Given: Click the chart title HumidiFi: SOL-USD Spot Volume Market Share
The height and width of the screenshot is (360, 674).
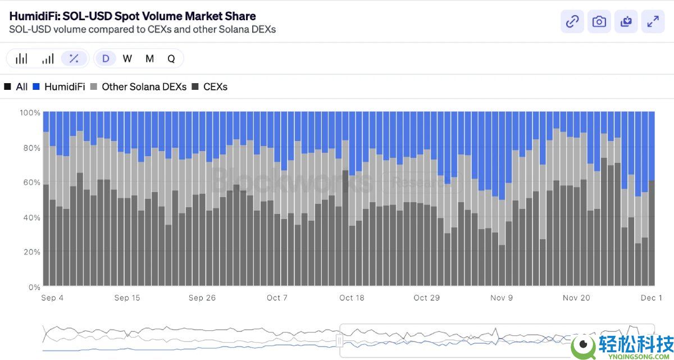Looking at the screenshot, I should (x=133, y=16).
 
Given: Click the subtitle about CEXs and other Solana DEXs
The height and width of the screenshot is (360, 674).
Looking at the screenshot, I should (x=143, y=29).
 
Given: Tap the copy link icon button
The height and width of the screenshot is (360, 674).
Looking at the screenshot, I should (x=572, y=22).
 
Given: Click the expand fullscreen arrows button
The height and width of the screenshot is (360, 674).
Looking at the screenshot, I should (x=653, y=22).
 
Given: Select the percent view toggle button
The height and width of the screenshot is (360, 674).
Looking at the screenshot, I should (x=74, y=58).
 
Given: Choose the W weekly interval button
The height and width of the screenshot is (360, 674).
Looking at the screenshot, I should (x=127, y=58).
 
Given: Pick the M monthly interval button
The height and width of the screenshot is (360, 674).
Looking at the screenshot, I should (x=149, y=58).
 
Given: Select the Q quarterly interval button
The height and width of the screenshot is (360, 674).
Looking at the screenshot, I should (x=171, y=58).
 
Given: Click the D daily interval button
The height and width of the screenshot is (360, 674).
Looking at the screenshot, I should (x=106, y=58).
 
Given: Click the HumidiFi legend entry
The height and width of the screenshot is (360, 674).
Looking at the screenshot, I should (x=59, y=87).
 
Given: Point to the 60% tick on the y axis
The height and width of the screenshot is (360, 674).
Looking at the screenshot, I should (x=30, y=183).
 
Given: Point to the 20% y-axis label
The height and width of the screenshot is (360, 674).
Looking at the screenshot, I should (x=30, y=252).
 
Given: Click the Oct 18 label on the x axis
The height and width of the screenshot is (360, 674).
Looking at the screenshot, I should (x=352, y=298).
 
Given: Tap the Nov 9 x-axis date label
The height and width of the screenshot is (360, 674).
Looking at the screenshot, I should (x=502, y=298).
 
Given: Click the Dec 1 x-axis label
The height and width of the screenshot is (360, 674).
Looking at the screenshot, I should (x=652, y=298).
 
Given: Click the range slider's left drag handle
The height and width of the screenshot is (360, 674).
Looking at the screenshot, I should (x=339, y=340).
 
